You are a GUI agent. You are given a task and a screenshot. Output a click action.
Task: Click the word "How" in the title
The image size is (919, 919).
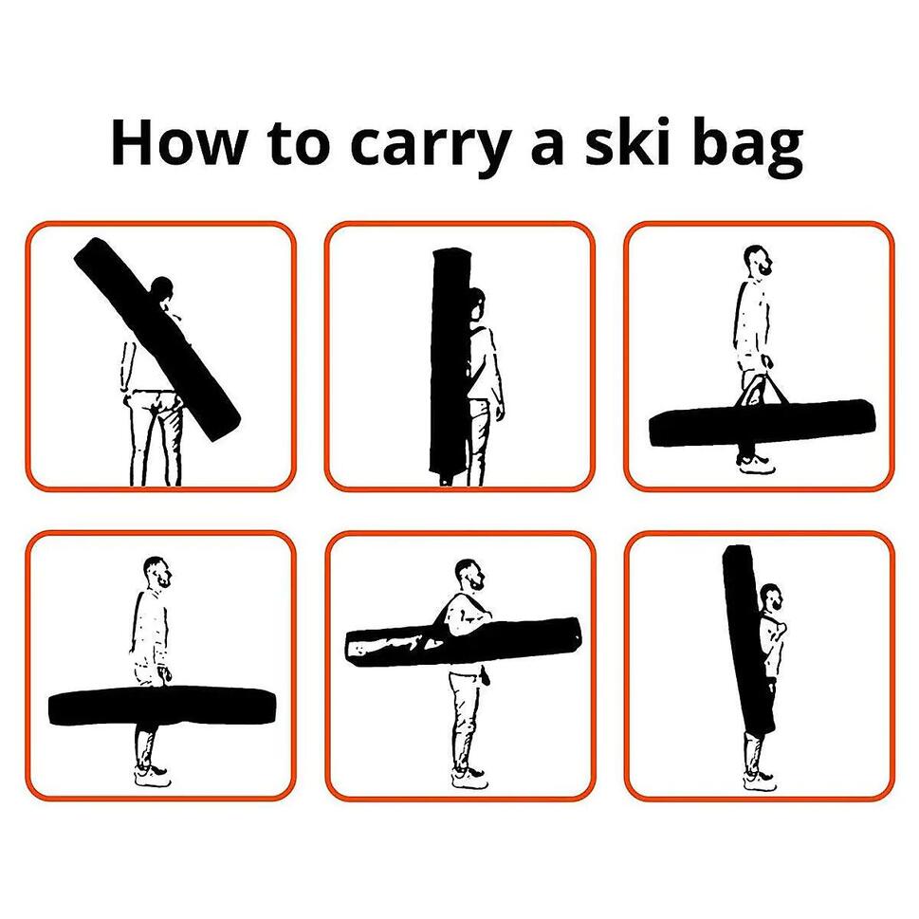coord(177,142)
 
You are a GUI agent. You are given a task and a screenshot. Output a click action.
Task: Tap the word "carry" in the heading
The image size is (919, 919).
coord(428,147)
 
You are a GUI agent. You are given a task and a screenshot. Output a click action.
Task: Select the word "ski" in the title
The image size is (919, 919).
coord(627,142)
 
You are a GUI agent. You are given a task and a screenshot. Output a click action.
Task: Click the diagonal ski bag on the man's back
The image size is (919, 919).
coord(157,339)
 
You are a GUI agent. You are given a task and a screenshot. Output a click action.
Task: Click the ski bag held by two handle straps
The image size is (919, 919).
coord(762,423)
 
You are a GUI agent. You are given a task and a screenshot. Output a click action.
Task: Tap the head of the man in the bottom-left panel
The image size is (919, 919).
coord(157,572)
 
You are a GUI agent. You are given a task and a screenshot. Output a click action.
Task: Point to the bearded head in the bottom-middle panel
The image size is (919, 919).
coord(470,575)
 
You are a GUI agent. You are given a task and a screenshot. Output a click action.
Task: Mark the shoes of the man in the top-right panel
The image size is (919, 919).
coord(757,465)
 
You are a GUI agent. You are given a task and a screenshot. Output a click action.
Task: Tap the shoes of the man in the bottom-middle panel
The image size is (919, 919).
coord(470,778)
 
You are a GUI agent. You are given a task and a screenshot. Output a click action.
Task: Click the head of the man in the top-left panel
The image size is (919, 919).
coord(161,289)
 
